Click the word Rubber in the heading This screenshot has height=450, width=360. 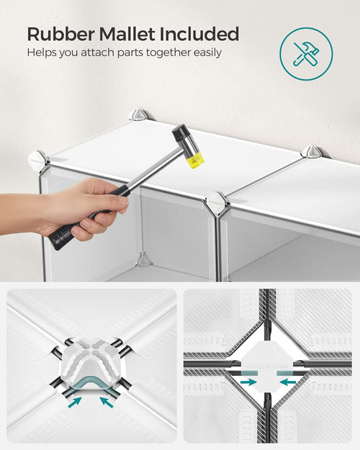coord(60,34)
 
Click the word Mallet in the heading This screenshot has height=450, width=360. coord(127,34)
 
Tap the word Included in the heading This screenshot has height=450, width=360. coord(199,34)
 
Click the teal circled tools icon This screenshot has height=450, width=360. coord(306,54)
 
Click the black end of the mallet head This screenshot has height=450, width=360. coord(179,132)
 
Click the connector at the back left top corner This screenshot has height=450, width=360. coord(138,114)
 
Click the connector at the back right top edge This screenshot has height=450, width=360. coord(311,151)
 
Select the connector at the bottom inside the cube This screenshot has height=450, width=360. coord(143,259)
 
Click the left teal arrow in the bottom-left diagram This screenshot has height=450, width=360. coord(75,402)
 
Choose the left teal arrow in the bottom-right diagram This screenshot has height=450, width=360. coord(248,382)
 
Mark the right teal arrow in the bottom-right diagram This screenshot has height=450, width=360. coord(288,382)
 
